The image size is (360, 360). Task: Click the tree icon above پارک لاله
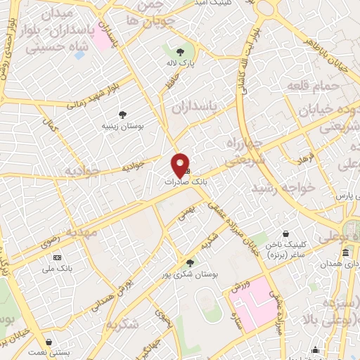click(181, 52)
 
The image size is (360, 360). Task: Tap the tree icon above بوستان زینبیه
click(124, 113)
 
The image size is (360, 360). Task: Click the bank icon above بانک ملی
click(57, 258)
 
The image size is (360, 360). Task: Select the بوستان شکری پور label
click(200, 274)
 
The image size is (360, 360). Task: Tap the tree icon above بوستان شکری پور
click(189, 262)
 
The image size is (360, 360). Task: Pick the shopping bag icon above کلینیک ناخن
click(285, 233)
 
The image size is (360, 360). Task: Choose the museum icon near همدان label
click(345, 252)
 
